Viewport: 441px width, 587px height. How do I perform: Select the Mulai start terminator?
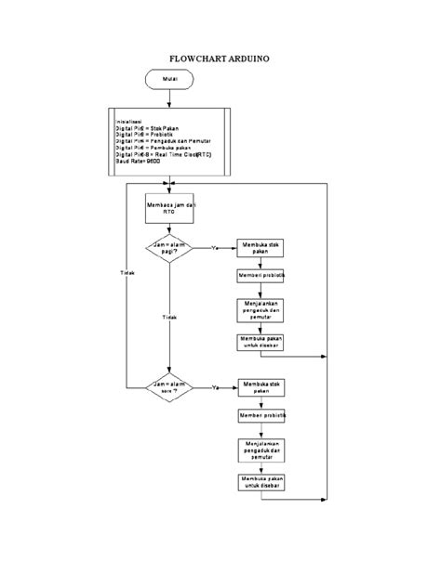pyautogui.click(x=169, y=81)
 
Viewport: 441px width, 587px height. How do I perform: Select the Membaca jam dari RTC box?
pyautogui.click(x=169, y=207)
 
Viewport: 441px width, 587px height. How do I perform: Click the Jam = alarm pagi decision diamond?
pyautogui.click(x=169, y=249)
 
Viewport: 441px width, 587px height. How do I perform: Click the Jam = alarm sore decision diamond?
pyautogui.click(x=169, y=385)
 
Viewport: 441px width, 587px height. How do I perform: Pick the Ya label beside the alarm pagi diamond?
pyautogui.click(x=216, y=248)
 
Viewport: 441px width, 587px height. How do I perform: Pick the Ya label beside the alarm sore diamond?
pyautogui.click(x=216, y=385)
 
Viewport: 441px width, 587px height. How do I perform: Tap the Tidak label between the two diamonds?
pyautogui.click(x=169, y=316)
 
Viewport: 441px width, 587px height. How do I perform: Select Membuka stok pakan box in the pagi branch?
pyautogui.click(x=261, y=248)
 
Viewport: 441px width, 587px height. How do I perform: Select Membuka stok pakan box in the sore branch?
pyautogui.click(x=261, y=386)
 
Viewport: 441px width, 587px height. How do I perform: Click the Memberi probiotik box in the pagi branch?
pyautogui.click(x=261, y=277)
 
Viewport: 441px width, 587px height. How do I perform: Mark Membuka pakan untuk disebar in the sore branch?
pyautogui.click(x=261, y=483)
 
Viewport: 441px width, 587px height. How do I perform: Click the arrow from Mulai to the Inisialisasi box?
pyautogui.click(x=169, y=100)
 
